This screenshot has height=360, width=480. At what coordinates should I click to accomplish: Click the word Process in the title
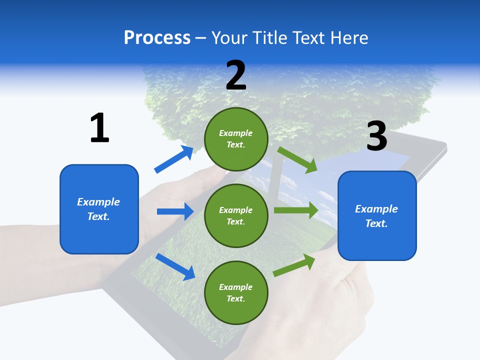[x=157, y=38]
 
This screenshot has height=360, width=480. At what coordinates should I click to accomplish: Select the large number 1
[x=99, y=128]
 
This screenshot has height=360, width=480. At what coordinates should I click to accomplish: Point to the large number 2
[x=236, y=75]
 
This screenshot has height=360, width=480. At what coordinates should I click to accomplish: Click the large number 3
[x=376, y=136]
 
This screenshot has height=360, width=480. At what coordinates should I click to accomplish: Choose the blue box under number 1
[x=99, y=209]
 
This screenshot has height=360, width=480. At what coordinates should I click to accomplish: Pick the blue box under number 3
[x=377, y=215]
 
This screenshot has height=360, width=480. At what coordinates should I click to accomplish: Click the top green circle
[x=236, y=139]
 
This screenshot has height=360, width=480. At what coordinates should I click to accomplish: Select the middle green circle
[x=236, y=215]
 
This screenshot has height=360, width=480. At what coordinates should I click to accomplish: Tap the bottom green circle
[x=236, y=292]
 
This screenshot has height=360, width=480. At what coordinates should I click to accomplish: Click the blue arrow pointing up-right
[x=174, y=159]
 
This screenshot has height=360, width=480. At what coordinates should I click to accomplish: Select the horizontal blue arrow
[x=175, y=211]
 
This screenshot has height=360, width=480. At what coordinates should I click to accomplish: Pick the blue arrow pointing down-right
[x=175, y=266]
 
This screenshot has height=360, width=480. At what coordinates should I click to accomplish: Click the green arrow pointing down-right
[x=297, y=159]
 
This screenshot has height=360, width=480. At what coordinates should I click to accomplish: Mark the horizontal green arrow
[x=296, y=210]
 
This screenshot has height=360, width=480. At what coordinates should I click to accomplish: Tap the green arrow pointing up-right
[x=294, y=265]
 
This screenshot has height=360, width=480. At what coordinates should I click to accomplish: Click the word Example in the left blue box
[x=98, y=202]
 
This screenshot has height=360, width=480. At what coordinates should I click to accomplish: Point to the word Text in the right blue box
[x=376, y=223]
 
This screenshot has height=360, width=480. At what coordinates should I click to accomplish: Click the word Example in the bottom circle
[x=236, y=287]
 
